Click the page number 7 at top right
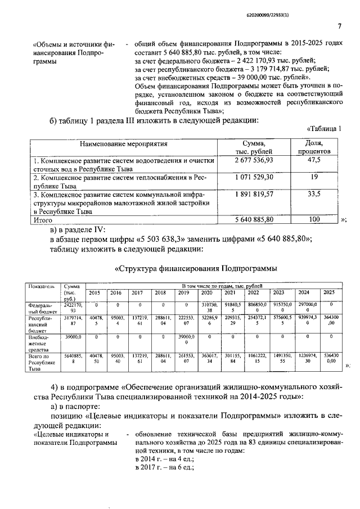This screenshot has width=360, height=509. click(340, 26)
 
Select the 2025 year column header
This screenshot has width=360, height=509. click(330, 292)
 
